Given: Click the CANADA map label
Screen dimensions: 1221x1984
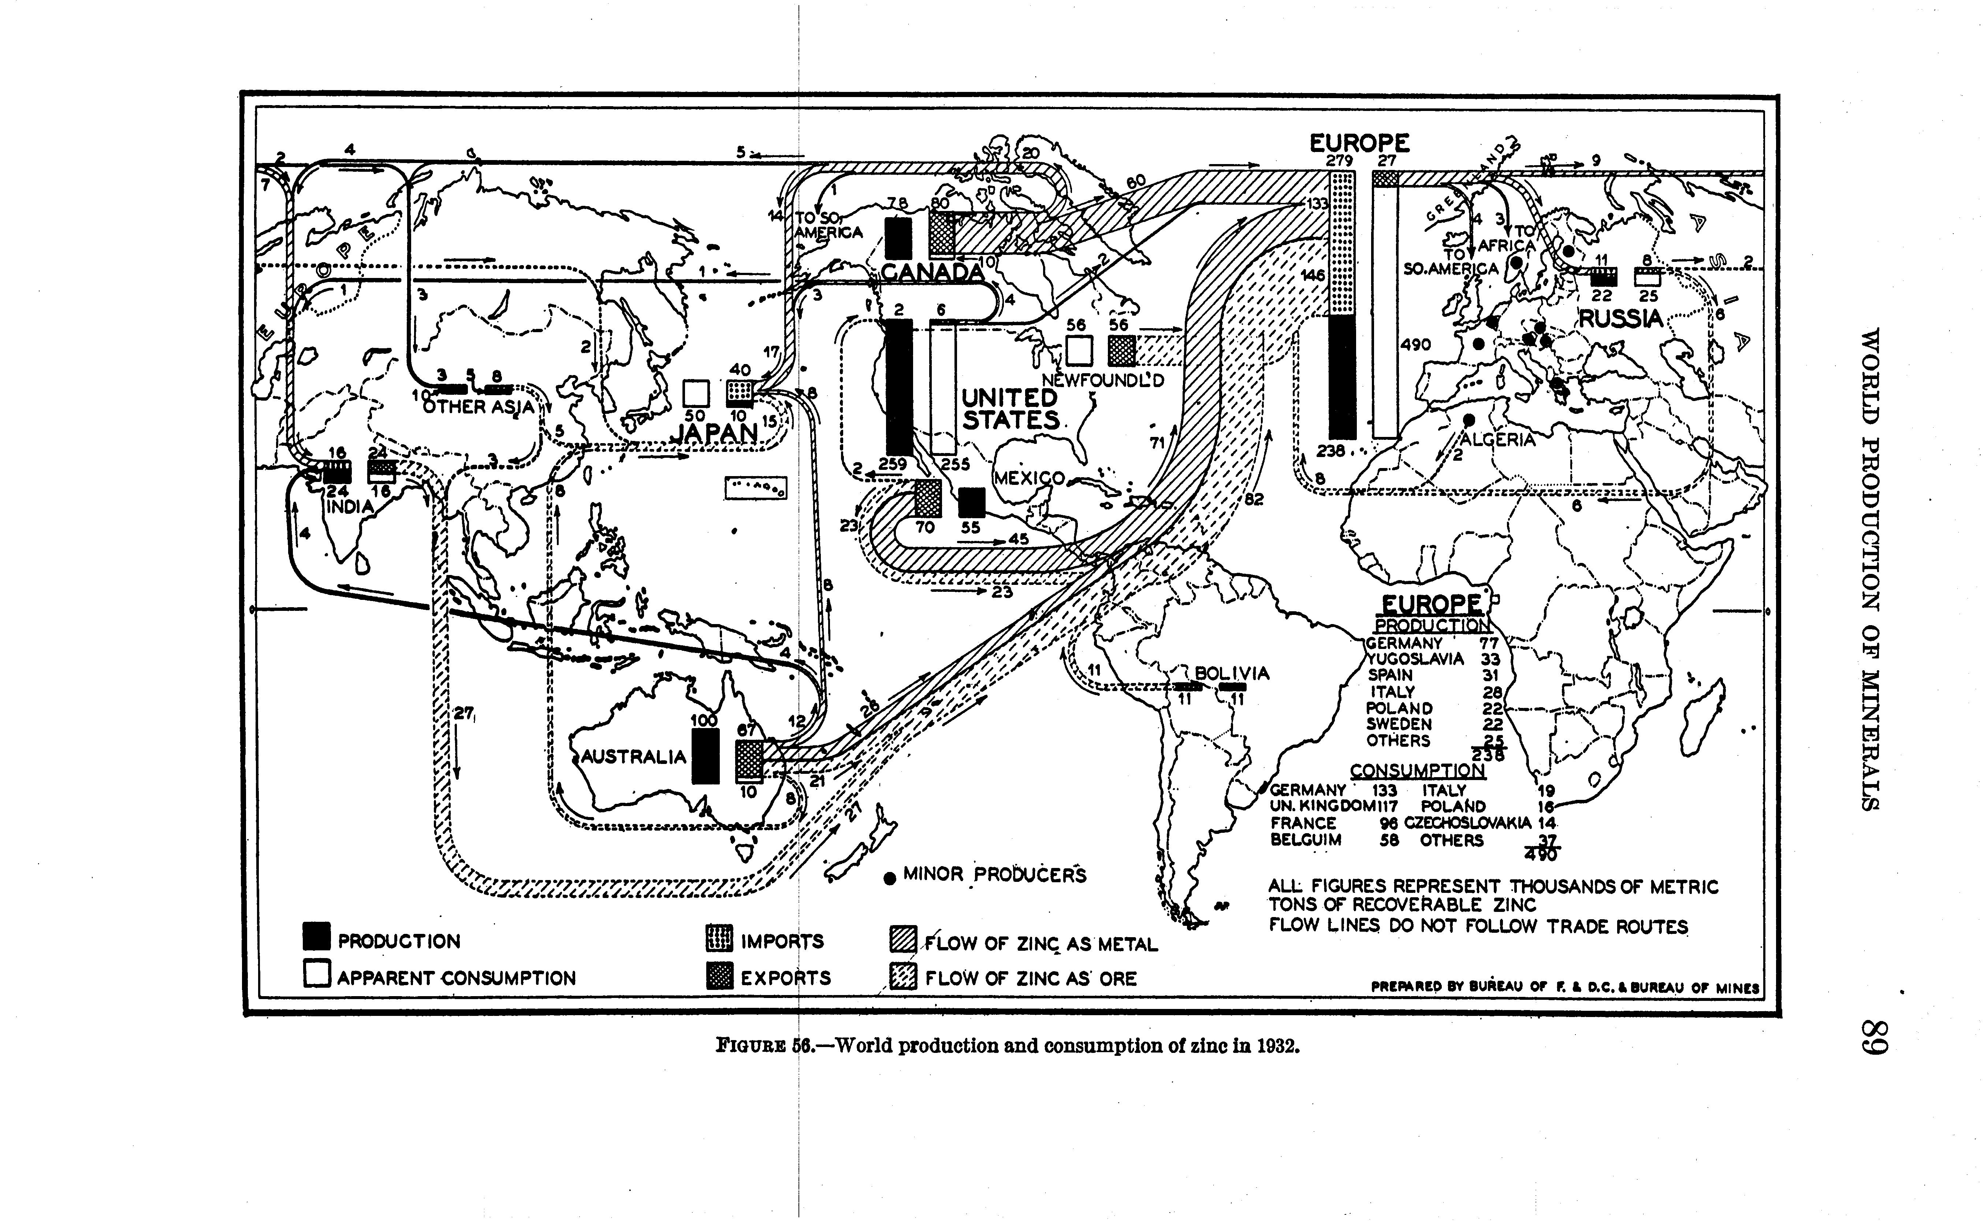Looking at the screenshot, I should coord(932,272).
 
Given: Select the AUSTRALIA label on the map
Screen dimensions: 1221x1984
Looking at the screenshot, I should coord(634,757).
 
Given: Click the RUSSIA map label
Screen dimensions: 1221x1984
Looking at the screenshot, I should coord(1622,319).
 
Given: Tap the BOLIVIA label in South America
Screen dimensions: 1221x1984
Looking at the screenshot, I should coord(1232,673).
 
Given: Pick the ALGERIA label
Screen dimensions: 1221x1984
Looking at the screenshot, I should coord(1497,440).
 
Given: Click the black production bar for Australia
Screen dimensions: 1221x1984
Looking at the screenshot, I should coord(706,756).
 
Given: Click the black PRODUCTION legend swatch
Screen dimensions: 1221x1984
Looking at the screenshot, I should coord(316,937).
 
